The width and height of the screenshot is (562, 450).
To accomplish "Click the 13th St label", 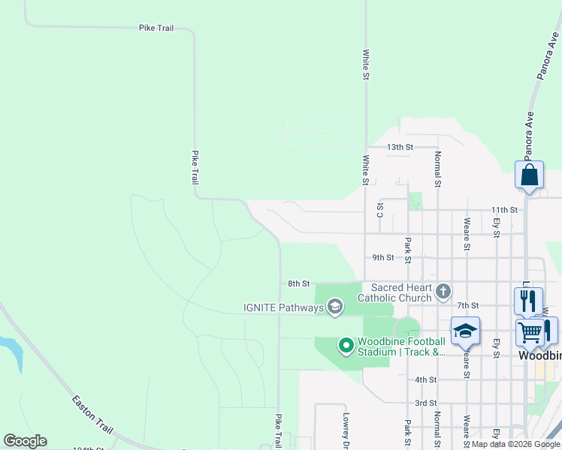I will coord(400,148).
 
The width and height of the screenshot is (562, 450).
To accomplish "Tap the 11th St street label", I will coord(503,210).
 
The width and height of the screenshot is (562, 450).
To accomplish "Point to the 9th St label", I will coord(383,257).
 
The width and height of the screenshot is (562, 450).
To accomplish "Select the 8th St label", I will coord(299,283).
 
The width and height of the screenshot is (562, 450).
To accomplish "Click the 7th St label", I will coord(467,305).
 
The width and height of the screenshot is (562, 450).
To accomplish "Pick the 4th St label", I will coord(425,379).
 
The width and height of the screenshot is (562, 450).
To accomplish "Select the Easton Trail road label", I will coord(92,413).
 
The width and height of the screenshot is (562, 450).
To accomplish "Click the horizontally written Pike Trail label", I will coord(156,28).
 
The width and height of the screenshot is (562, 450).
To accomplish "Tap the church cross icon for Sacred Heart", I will coord(443,290).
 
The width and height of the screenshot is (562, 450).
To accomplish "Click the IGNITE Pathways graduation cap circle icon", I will coord(335,307).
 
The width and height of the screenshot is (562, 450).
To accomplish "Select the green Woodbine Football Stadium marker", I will coord(346,346).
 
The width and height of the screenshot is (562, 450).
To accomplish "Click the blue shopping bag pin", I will coord(530,175).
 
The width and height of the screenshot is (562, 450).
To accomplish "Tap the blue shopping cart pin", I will coord(530,331).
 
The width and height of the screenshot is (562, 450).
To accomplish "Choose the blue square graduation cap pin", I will coord(465,330).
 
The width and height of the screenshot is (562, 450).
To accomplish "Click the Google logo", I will coord(26,441).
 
